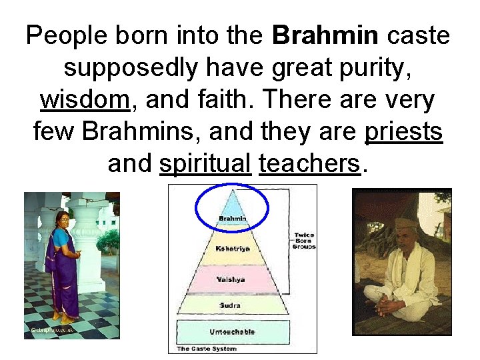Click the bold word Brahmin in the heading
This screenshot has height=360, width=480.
click(x=325, y=36)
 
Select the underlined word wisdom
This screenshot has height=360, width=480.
click(x=84, y=100)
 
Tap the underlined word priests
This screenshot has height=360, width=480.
click(x=404, y=132)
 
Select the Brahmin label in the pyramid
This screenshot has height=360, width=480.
click(x=233, y=219)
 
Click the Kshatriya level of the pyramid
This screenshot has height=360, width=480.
click(x=233, y=249)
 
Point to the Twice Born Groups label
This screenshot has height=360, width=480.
click(x=303, y=241)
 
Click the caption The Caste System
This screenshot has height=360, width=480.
click(x=207, y=349)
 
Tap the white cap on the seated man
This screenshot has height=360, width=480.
click(x=405, y=223)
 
